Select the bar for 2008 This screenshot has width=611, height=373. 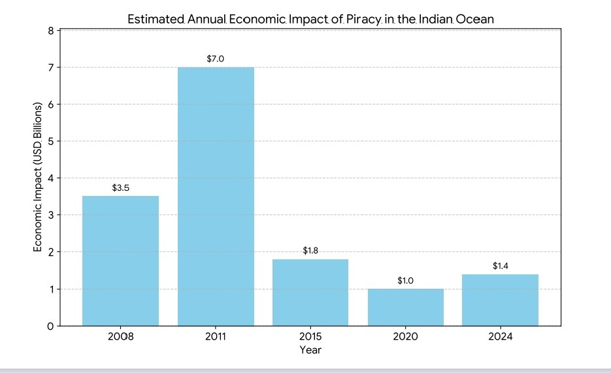tap(120, 261)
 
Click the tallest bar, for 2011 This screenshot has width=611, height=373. tap(216, 196)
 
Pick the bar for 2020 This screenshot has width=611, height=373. tap(406, 307)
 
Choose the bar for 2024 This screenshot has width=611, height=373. tap(501, 300)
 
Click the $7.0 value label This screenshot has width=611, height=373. tap(216, 59)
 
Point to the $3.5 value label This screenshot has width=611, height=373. tap(121, 187)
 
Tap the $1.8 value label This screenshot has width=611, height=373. tap(310, 250)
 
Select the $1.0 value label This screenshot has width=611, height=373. tap(406, 280)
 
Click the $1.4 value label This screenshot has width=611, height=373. tap(501, 266)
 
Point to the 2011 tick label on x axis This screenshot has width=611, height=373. tap(216, 337)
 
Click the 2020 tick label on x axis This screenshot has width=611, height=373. tap(406, 337)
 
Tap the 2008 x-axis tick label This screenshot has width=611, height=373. tap(120, 337)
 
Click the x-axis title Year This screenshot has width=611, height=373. tap(310, 350)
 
